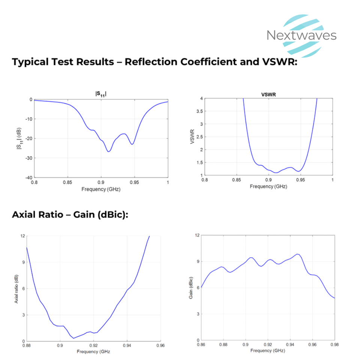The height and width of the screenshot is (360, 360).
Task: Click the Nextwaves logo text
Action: [301, 35]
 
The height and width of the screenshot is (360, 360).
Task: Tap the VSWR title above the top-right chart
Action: [268, 95]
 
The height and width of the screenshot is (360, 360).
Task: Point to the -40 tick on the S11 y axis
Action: [28, 177]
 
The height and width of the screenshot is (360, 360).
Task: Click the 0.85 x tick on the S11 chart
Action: [67, 182]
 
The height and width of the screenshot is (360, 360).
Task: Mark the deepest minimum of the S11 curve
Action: [108, 151]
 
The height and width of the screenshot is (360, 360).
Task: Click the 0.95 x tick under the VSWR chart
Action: [300, 180]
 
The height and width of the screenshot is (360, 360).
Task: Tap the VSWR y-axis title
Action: [193, 137]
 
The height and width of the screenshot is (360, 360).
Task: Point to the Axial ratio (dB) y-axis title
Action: [16, 289]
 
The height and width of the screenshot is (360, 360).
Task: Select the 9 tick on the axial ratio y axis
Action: [23, 262]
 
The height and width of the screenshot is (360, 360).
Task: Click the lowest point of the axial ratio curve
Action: [73, 338]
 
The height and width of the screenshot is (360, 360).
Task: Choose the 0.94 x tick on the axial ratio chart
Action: [127, 346]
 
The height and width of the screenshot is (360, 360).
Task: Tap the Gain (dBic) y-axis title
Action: [191, 288]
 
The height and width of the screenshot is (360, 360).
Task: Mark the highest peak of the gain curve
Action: [298, 254]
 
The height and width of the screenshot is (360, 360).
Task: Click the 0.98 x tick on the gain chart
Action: [334, 345]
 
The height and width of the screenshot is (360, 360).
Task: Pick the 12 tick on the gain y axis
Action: [196, 235]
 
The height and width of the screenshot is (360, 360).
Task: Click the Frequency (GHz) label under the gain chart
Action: [268, 351]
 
